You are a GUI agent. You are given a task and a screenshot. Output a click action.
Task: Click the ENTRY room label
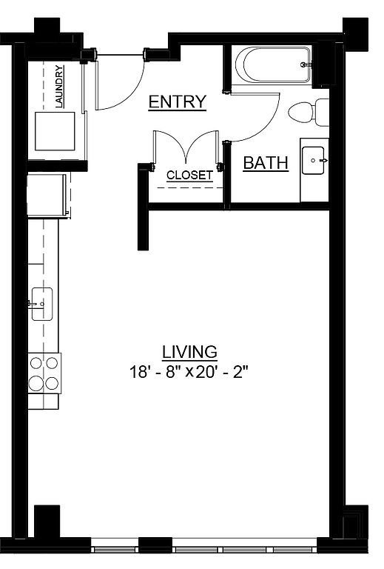coord(178,102)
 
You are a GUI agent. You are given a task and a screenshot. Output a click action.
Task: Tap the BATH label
coord(266,163)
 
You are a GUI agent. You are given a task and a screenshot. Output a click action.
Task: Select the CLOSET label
coord(189,176)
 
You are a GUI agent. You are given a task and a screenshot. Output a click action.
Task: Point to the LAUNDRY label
coord(59,87)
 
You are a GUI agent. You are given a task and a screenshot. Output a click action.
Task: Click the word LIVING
coord(189,352)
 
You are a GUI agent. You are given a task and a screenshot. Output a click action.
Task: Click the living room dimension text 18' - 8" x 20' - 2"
coord(189,372)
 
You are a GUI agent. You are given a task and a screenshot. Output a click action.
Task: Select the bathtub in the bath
coord(273,64)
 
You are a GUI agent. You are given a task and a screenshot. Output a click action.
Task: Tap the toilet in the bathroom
coord(309,112)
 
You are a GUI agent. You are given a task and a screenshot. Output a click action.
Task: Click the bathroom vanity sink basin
coord(314,160)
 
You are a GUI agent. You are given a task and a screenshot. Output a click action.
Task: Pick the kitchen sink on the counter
coord(42,304)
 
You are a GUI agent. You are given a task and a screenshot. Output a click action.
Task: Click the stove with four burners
coord(44,373)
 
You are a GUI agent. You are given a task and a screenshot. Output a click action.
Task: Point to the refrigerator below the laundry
coord(47,196)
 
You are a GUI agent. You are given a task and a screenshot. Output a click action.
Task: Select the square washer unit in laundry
coord(55,131)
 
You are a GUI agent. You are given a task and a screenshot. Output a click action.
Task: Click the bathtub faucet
coord(306,64)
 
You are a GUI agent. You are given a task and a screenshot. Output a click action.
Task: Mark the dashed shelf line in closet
coord(190,188)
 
